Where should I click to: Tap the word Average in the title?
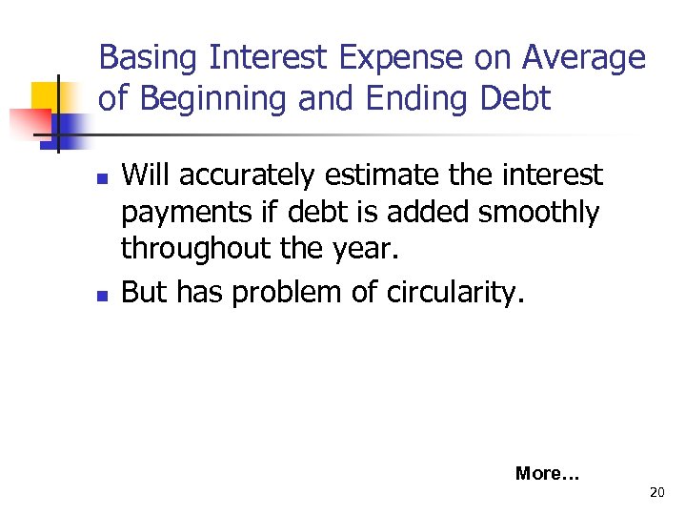pyautogui.click(x=583, y=58)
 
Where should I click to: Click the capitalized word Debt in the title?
pyautogui.click(x=515, y=99)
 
